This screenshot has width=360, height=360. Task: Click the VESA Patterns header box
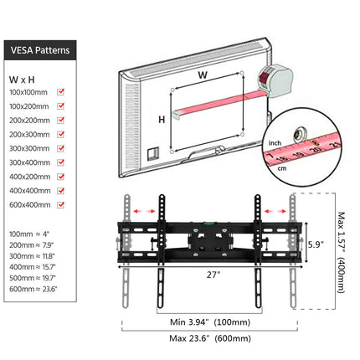click(x=44, y=49)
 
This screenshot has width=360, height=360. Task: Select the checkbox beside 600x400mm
click(x=60, y=205)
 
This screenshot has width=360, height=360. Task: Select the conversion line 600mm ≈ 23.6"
click(x=32, y=289)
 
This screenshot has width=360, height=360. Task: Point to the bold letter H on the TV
click(x=162, y=120)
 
